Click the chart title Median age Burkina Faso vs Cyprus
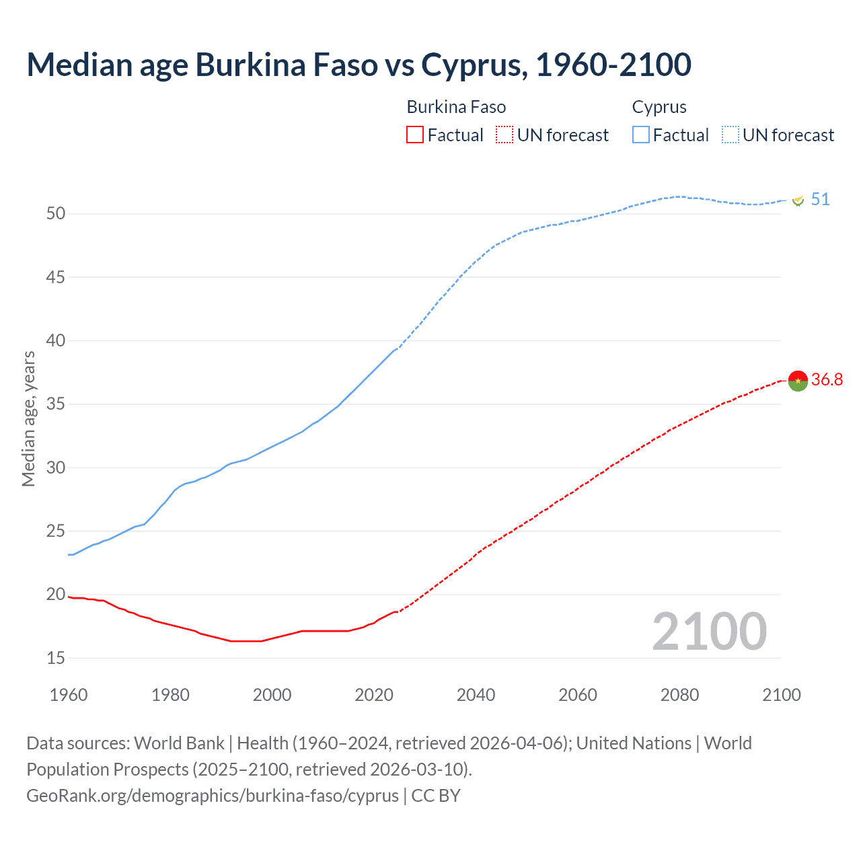tap(359, 65)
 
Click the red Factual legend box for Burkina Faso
tap(415, 135)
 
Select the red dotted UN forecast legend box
tap(504, 135)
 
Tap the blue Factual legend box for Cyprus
tap(640, 135)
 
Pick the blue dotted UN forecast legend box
tap(730, 135)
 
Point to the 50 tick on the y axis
tap(56, 214)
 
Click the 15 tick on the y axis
tap(56, 658)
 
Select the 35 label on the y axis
tap(56, 404)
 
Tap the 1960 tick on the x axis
tap(69, 695)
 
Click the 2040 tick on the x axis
tap(476, 695)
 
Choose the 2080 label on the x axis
tap(679, 695)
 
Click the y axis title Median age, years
tap(28, 418)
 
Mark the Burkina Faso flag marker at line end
tap(798, 381)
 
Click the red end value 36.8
tap(827, 380)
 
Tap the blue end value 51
tap(820, 200)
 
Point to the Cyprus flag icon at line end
tap(798, 200)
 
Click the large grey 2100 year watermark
tap(709, 632)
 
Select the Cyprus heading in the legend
tap(659, 107)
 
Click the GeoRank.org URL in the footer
tap(213, 796)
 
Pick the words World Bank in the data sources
tap(179, 743)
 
